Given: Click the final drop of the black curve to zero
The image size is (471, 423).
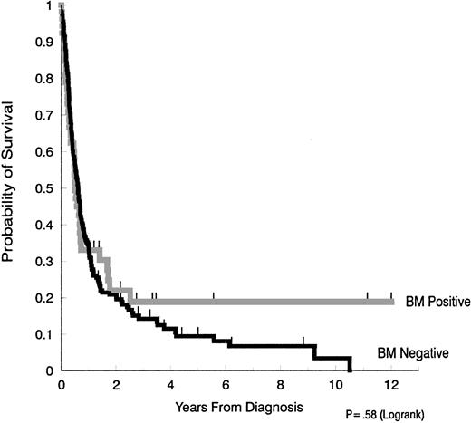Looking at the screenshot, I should pyautogui.click(x=350, y=364).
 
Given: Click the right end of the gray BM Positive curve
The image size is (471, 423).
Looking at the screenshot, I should pyautogui.click(x=393, y=301).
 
